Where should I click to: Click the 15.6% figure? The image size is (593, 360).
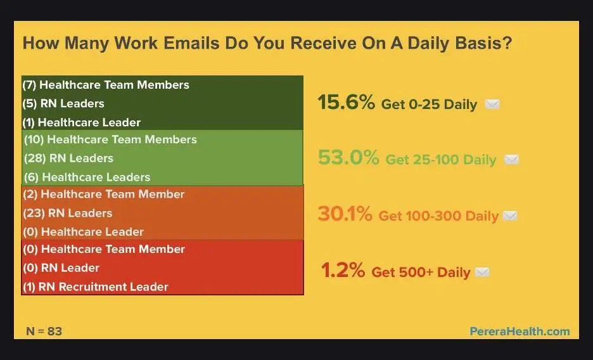(x=346, y=102)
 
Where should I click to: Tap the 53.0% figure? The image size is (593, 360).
(x=348, y=158)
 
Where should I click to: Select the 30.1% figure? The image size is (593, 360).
(x=345, y=214)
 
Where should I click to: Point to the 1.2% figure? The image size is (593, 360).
(x=343, y=270)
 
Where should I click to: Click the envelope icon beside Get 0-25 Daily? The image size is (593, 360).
(x=492, y=104)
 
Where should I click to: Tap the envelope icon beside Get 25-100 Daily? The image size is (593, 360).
(x=511, y=160)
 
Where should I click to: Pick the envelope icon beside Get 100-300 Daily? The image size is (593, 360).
(x=510, y=216)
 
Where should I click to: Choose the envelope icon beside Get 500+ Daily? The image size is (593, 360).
(x=481, y=272)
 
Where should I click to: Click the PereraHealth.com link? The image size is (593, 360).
(x=520, y=331)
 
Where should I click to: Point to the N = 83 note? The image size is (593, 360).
(x=44, y=331)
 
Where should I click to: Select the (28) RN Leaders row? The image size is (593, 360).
(x=68, y=158)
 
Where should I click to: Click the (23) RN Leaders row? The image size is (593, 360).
(x=68, y=214)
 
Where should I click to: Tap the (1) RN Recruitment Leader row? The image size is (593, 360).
(x=95, y=286)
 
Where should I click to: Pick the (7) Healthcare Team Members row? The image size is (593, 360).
(x=106, y=85)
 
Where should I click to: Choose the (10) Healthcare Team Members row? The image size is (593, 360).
(x=110, y=139)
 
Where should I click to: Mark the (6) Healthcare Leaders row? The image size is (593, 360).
(x=87, y=177)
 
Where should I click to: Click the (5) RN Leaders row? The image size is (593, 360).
(x=63, y=103)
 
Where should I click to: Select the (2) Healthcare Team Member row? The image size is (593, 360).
(x=104, y=195)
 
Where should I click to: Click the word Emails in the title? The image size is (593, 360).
(x=191, y=43)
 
